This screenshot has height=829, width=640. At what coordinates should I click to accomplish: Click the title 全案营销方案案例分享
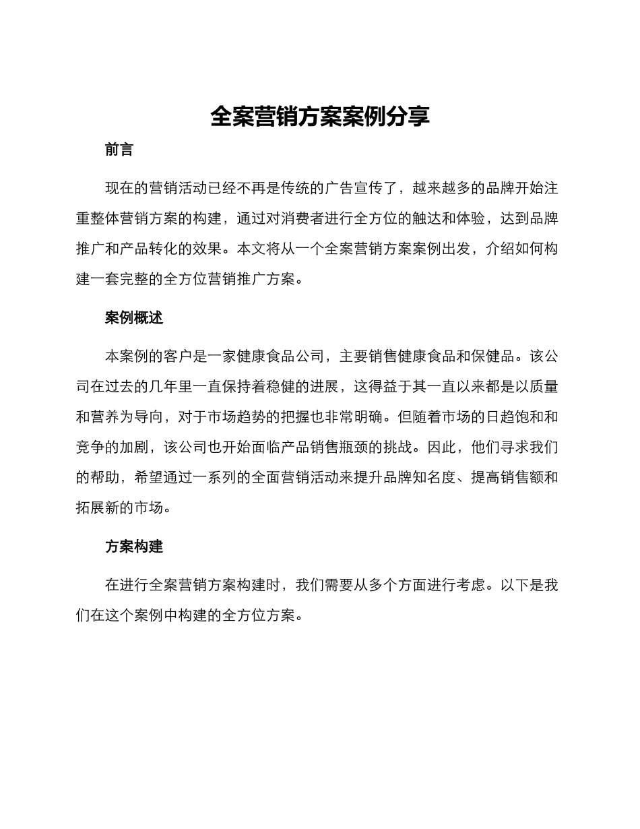pyautogui.click(x=320, y=117)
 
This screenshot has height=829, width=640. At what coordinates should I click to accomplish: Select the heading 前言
pyautogui.click(x=119, y=150)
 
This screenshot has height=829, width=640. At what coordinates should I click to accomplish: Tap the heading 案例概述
pyautogui.click(x=134, y=318)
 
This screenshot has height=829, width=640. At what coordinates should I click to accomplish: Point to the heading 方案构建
pyautogui.click(x=134, y=547)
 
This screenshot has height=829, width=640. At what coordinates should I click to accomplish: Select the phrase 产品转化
pyautogui.click(x=149, y=249)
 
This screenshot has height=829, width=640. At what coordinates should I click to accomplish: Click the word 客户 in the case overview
pyautogui.click(x=178, y=356)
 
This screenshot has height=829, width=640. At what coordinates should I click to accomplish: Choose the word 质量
pyautogui.click(x=544, y=386)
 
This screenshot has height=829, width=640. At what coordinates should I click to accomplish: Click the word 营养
pyautogui.click(x=105, y=417)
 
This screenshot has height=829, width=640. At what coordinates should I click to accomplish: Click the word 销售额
pyautogui.click(x=522, y=478)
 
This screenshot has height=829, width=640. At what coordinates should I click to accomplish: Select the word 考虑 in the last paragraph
pyautogui.click(x=471, y=585)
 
